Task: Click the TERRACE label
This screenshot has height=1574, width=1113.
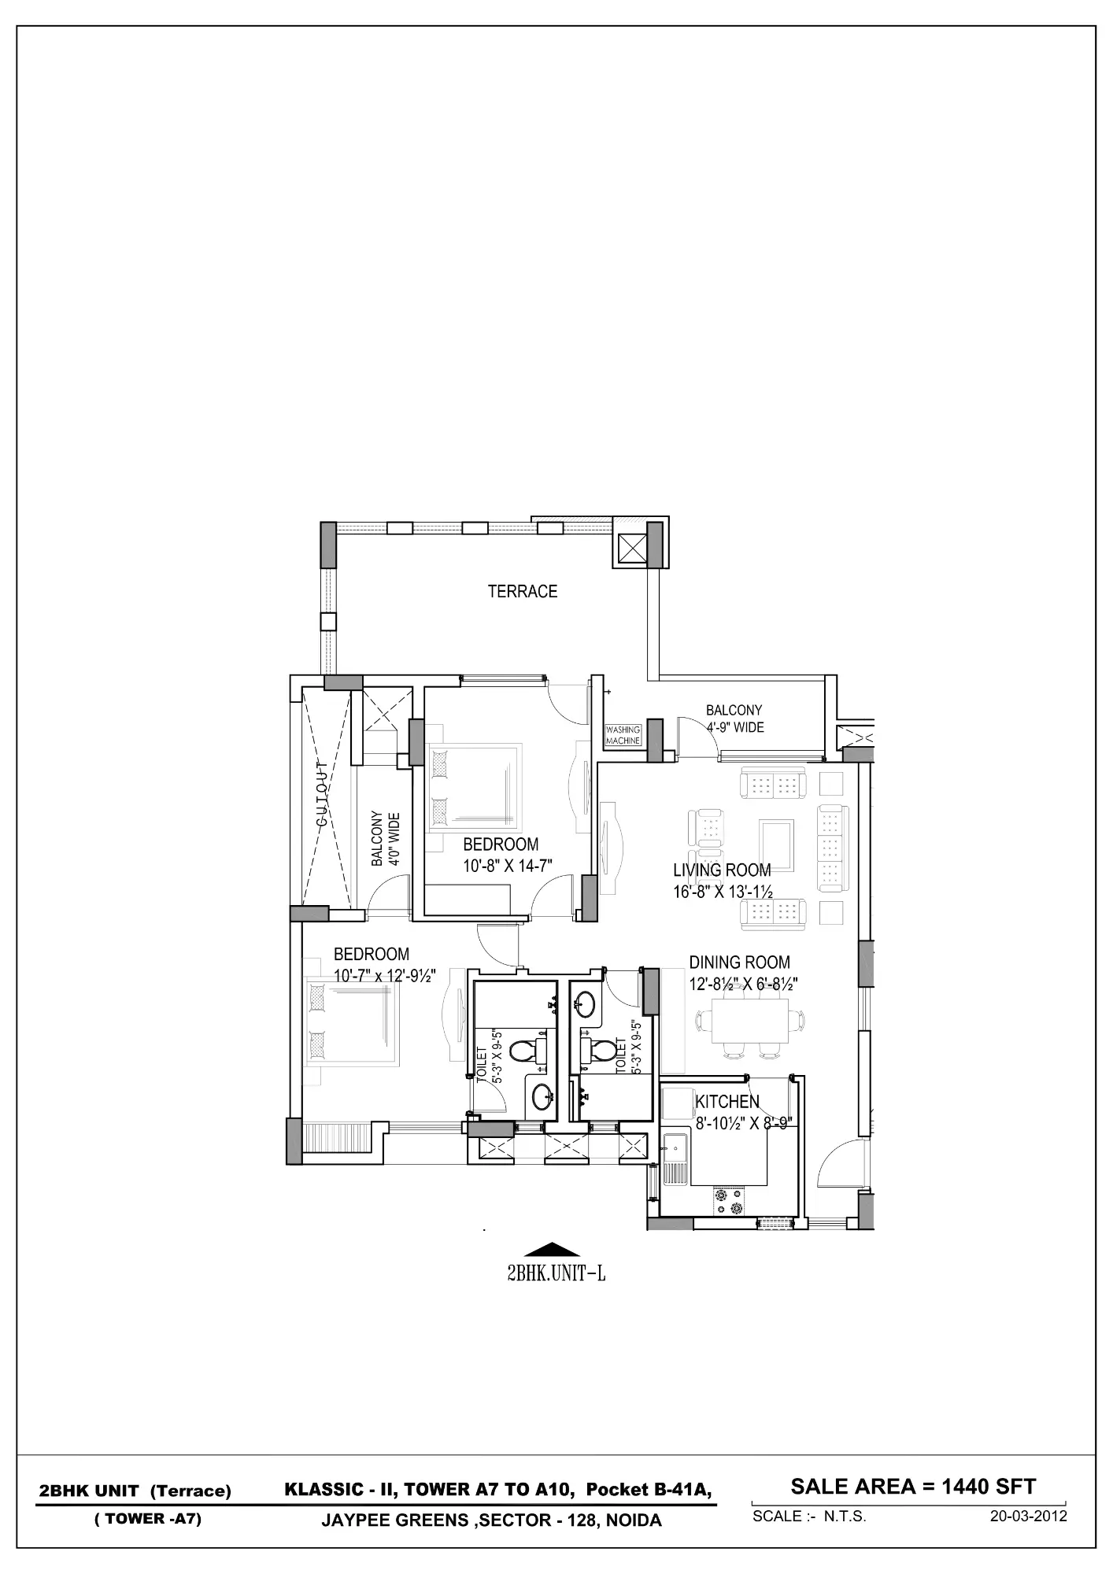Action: (x=522, y=591)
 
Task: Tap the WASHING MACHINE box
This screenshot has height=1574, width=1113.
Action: (x=623, y=735)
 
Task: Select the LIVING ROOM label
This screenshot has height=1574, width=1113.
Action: (x=722, y=870)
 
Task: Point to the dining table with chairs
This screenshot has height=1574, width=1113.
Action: (x=751, y=1022)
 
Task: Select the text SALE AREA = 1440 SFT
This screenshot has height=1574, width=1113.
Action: (x=913, y=1486)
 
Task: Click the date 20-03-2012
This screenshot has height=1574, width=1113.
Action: (x=1028, y=1516)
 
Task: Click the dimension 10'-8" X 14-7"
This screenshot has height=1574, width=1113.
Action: (x=507, y=866)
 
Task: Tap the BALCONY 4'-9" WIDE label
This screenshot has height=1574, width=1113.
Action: (x=734, y=719)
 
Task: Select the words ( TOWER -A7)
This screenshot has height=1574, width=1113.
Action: (x=148, y=1518)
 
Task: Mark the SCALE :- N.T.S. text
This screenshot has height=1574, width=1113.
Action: (x=809, y=1516)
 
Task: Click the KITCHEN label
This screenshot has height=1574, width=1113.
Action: (x=727, y=1102)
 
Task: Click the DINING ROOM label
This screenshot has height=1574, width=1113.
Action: (x=739, y=962)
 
